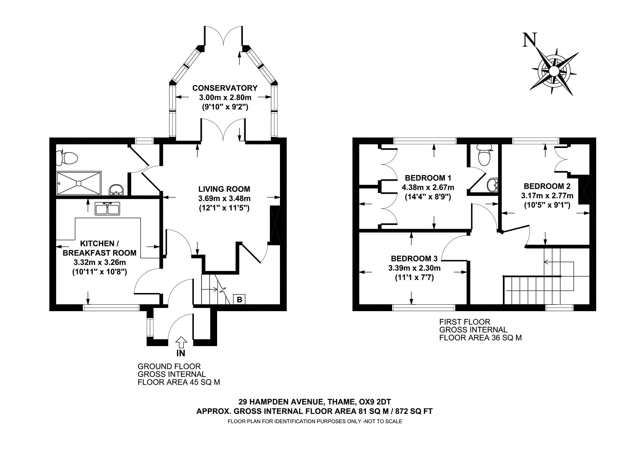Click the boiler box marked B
point(239,299)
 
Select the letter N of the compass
point(530,47)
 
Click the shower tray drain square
point(79,183)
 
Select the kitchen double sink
point(107,209)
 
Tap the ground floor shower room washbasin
point(117,190)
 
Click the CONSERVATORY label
point(225,88)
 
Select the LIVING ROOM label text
point(224,189)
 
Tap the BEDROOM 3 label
point(414,259)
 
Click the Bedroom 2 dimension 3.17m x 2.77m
point(547,196)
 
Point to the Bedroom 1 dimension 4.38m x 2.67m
point(428,187)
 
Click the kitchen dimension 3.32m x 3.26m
point(100,262)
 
